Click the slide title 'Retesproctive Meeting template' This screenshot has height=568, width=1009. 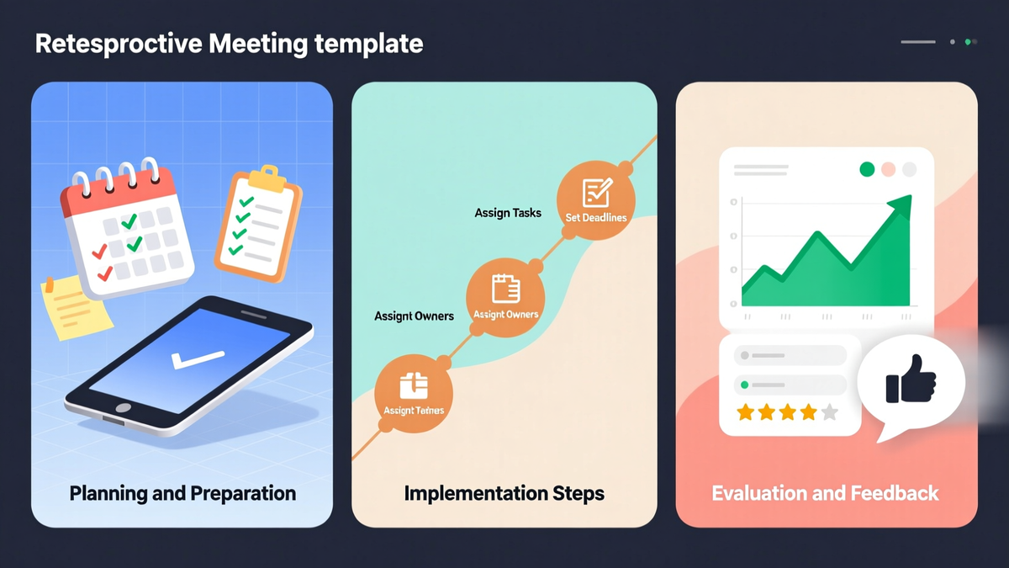click(x=229, y=44)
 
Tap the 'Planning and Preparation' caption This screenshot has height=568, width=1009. click(x=182, y=493)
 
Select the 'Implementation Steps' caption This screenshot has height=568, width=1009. click(x=504, y=493)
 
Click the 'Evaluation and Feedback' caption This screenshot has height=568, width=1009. click(x=825, y=493)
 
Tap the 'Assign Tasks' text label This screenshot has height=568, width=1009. click(x=508, y=213)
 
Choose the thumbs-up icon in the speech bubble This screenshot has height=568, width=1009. click(x=911, y=380)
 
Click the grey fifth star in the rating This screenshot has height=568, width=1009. click(x=829, y=412)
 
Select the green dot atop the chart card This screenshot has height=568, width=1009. click(x=867, y=170)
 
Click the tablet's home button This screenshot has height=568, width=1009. click(x=123, y=407)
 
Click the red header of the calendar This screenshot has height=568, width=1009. click(x=115, y=192)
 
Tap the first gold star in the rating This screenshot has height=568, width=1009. click(x=745, y=412)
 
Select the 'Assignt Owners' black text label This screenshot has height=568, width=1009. click(x=414, y=316)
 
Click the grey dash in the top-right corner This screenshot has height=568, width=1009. click(x=917, y=41)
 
